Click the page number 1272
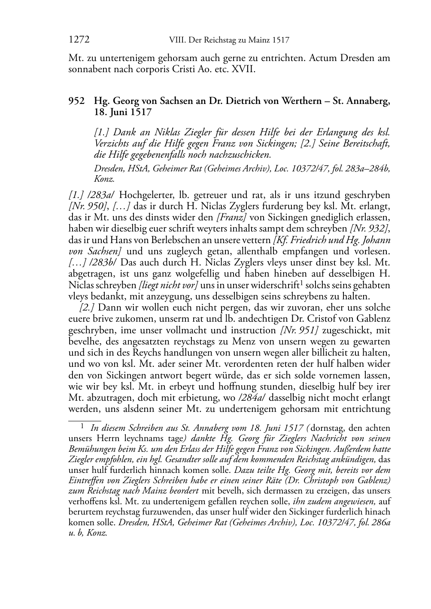click(79, 40)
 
